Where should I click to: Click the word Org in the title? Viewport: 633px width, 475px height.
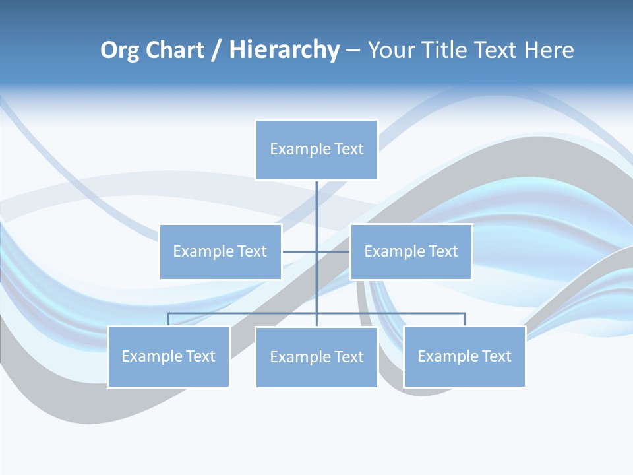[x=119, y=50]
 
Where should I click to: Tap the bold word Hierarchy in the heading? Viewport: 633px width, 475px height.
[x=284, y=50]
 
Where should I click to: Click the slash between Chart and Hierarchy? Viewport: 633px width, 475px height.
[x=216, y=50]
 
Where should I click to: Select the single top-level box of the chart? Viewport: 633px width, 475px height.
[x=316, y=150]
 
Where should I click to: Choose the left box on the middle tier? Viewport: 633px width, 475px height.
[x=220, y=251]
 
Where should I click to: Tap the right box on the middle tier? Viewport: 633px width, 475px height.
[x=411, y=251]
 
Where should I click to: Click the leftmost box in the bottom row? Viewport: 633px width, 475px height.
[x=168, y=356]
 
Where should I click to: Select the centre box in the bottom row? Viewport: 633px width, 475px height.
[x=316, y=357]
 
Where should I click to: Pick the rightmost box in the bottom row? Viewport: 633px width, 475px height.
[x=464, y=356]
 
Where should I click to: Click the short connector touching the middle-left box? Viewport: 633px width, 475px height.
[x=298, y=251]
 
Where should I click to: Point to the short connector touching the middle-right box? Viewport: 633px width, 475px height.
[x=334, y=251]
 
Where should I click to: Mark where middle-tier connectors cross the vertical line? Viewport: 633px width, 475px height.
[x=316, y=251]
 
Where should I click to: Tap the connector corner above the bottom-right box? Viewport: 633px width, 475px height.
[x=465, y=313]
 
